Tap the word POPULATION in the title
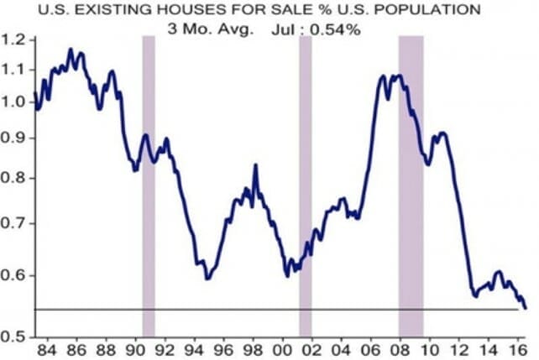(429, 9)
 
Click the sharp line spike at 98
(255, 165)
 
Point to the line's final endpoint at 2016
(526, 308)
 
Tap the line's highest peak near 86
(71, 50)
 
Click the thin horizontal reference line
(252, 310)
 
